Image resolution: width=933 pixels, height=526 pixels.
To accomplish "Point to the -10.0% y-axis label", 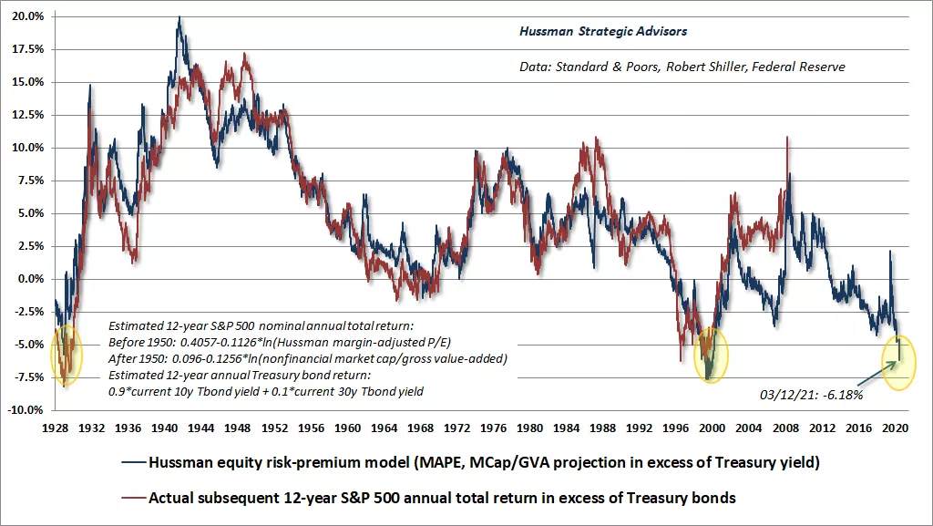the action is tap(26, 410).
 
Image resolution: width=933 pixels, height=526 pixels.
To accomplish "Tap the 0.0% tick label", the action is tap(31, 279).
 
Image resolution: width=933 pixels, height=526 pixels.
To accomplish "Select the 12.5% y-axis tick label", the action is tap(28, 115).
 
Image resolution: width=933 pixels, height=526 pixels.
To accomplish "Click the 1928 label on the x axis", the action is tap(55, 428).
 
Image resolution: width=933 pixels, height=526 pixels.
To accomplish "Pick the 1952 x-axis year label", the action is tap(274, 428).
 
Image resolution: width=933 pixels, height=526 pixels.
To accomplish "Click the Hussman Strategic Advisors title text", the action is tap(603, 32).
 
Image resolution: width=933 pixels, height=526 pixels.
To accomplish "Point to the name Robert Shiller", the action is tap(705, 67).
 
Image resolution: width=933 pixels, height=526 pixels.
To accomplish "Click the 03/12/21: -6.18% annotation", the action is tap(811, 395).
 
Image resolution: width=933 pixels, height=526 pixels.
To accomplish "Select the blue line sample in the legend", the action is tap(134, 462).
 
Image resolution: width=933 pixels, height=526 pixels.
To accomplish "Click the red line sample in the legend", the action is tap(134, 498).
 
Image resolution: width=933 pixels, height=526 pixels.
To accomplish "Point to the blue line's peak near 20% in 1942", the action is tap(179, 18).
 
